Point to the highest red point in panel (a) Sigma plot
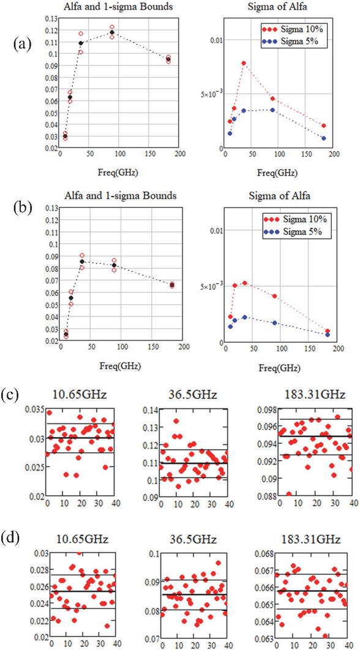[x=244, y=63]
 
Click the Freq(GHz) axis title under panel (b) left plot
[x=119, y=367]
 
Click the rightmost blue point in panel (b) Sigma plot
[x=328, y=335]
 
